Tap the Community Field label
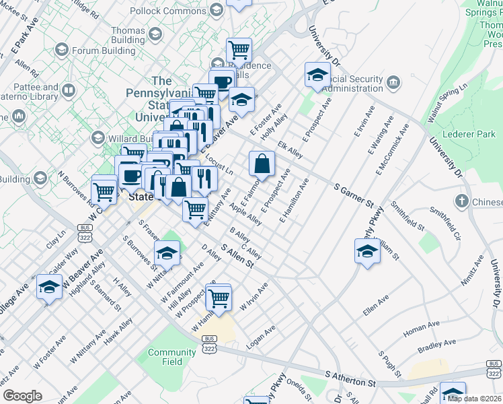click(x=163, y=357)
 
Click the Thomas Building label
click(x=128, y=35)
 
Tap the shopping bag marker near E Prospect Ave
click(x=262, y=164)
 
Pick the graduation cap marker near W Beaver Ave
click(x=49, y=288)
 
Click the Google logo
click(x=22, y=396)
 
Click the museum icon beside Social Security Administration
click(x=393, y=83)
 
